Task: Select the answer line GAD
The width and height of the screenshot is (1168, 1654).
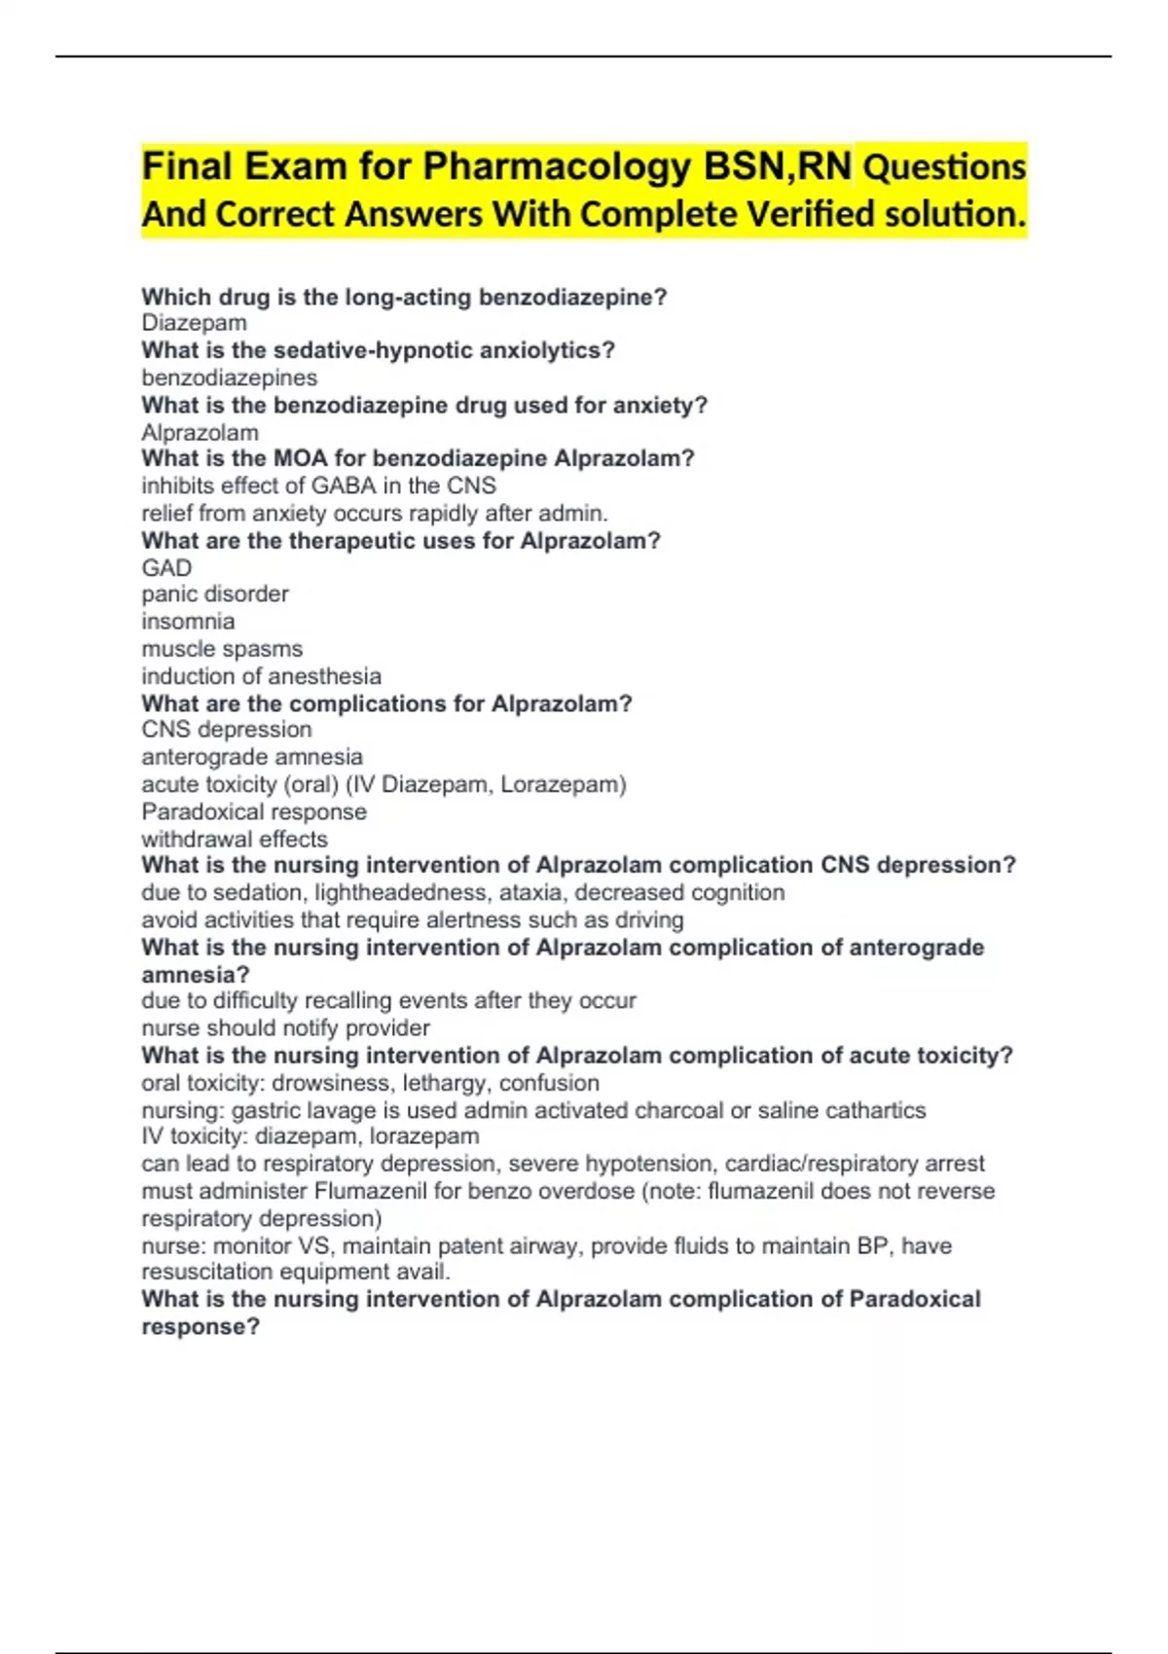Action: [x=166, y=567]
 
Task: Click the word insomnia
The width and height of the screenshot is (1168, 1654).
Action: [x=188, y=621]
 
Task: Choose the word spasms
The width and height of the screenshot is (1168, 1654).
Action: [x=263, y=649]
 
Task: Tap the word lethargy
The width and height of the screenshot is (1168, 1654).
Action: [x=447, y=1083]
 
